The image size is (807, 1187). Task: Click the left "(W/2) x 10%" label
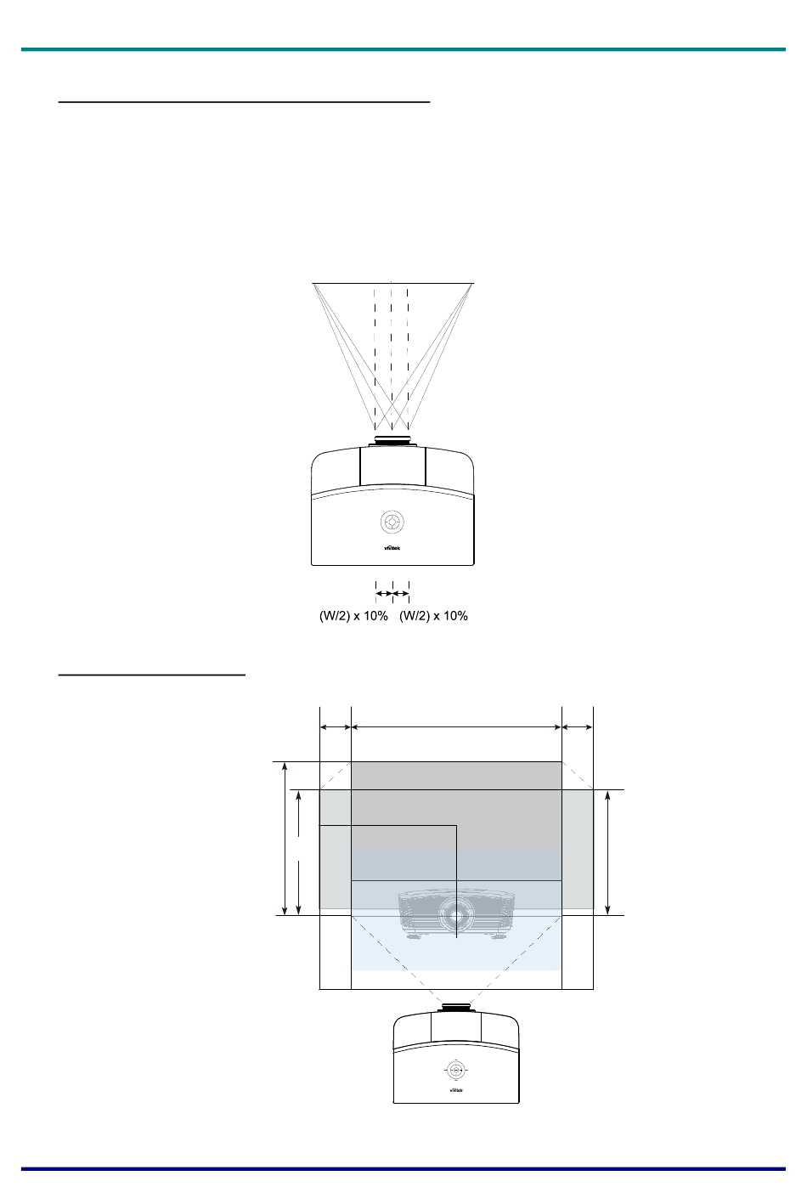pos(353,616)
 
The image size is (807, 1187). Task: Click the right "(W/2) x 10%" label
pos(433,616)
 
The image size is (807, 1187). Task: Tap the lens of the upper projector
pos(392,440)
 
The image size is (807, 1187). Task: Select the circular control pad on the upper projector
pos(392,522)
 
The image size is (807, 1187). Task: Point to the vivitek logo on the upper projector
pos(392,548)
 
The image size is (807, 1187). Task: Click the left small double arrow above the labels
pos(384,593)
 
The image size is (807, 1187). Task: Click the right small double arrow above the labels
pos(401,593)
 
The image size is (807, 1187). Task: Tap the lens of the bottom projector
pos(456,1007)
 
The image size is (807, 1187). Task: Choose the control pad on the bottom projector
pos(455,1070)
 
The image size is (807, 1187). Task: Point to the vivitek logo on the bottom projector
pos(456,1090)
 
